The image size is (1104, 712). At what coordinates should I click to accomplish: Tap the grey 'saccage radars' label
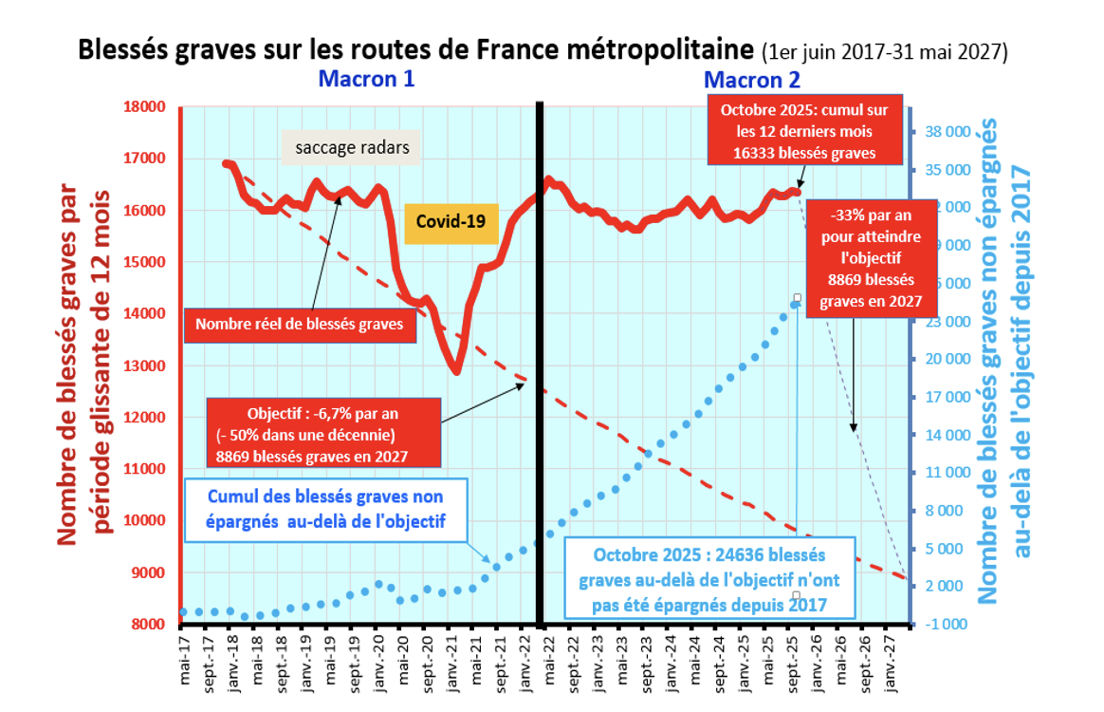pos(351,148)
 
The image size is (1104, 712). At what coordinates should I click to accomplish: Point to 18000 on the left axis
pos(145,107)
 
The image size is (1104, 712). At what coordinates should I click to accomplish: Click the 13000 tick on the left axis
pos(145,365)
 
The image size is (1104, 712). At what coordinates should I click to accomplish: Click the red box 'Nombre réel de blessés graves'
pos(300,324)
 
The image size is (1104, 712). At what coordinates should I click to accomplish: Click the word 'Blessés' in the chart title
pos(121,49)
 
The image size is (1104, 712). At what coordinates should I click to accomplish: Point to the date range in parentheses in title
pos(884,51)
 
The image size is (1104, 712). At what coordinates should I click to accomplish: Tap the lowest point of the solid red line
pos(457,371)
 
